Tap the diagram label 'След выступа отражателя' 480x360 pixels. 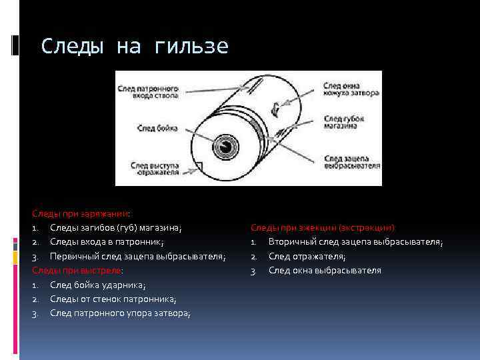coord(155,169)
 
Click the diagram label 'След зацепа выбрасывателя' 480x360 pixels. coord(351,163)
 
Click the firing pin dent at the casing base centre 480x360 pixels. coord(227,147)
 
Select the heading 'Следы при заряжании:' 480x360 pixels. coord(81,213)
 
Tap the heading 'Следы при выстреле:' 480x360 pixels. coord(79,271)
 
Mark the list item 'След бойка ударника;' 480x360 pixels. coord(98,285)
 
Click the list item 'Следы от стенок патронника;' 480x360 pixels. coord(113,299)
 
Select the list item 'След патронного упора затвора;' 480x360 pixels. coord(120,313)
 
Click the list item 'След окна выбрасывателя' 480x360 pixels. coord(325,270)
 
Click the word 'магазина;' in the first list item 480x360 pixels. coord(161,228)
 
